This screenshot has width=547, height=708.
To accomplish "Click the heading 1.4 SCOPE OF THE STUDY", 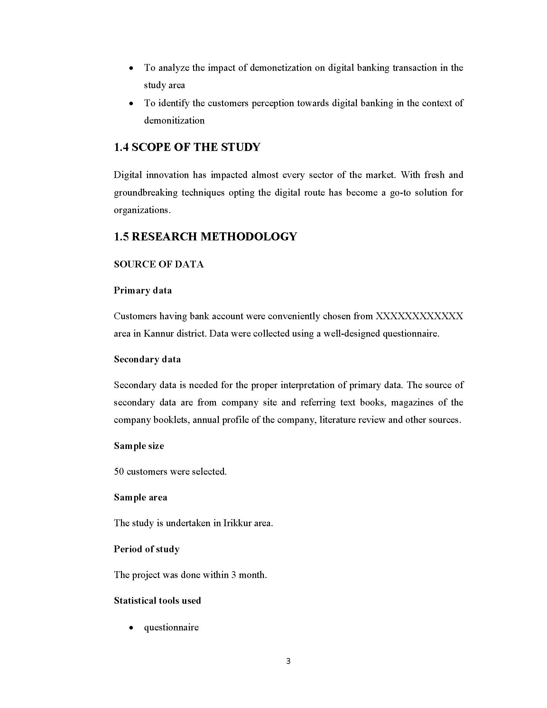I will pyautogui.click(x=187, y=147).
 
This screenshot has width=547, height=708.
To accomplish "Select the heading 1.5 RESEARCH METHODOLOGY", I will pyautogui.click(x=205, y=237).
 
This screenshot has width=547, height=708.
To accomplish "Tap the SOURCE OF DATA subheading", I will pyautogui.click(x=158, y=264).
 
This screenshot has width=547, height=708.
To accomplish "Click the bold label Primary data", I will pyautogui.click(x=143, y=290).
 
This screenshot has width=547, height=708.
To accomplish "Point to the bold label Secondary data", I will pyautogui.click(x=147, y=359).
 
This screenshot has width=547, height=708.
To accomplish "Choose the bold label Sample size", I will pyautogui.click(x=139, y=446).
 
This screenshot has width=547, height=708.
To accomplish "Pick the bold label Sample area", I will pyautogui.click(x=140, y=497).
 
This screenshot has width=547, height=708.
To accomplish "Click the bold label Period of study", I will pyautogui.click(x=146, y=549).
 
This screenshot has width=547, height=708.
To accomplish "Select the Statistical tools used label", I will pyautogui.click(x=157, y=601).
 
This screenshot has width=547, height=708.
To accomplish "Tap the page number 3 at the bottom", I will pyautogui.click(x=288, y=661).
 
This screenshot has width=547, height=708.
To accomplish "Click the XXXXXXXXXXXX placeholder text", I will pyautogui.click(x=419, y=316).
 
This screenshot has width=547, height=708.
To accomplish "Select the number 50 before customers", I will pyautogui.click(x=119, y=471).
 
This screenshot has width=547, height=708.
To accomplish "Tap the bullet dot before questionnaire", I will pyautogui.click(x=131, y=628).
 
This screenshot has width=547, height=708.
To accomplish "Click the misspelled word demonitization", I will pyautogui.click(x=174, y=121).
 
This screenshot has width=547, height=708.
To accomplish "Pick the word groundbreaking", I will pyautogui.click(x=145, y=192).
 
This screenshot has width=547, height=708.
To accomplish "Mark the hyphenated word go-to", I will pyautogui.click(x=401, y=192).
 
